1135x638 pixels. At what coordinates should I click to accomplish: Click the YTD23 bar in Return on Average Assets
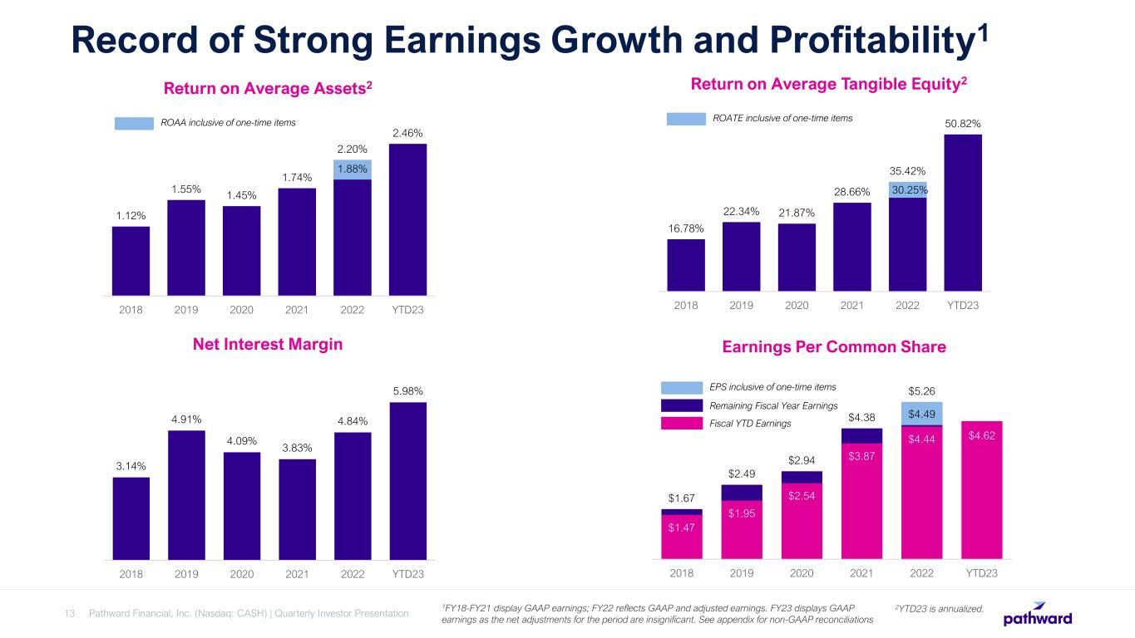tap(407, 219)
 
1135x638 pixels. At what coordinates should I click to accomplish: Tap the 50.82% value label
tap(963, 124)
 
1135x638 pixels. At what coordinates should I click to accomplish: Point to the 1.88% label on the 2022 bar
tap(353, 169)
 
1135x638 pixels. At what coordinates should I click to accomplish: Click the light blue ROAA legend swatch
tap(134, 123)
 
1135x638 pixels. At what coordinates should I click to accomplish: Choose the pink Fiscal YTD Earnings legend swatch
tap(682, 424)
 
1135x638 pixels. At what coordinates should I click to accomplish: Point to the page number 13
tap(70, 613)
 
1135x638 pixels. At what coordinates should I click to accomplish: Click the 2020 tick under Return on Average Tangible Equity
tap(797, 305)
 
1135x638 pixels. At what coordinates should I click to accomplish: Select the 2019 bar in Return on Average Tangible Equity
tap(742, 257)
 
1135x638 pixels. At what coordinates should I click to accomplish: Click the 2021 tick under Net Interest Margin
tap(297, 574)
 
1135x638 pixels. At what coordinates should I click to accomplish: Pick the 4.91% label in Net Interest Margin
tap(186, 419)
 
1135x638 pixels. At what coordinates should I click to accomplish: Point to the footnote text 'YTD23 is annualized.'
tap(939, 610)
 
